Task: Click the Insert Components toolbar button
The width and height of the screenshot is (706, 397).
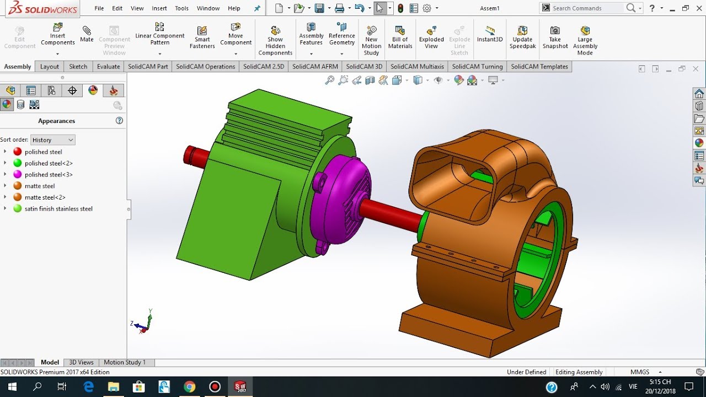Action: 57,35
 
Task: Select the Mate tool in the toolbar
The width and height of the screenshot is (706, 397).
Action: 87,34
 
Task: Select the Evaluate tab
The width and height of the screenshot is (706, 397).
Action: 108,67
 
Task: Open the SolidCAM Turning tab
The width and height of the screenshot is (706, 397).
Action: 477,67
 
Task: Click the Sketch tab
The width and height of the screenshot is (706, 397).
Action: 78,67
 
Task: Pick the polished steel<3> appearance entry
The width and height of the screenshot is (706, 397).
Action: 49,175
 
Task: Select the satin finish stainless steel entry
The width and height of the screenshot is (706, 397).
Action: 58,209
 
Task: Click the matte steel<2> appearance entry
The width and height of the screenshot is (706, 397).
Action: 45,197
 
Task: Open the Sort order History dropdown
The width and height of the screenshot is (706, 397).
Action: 52,140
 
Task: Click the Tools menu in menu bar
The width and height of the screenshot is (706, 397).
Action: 181,8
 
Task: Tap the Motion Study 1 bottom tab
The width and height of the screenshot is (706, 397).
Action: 125,362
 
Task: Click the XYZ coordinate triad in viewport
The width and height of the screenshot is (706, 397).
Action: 143,323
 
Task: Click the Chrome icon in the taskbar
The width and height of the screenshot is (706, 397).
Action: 189,387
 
